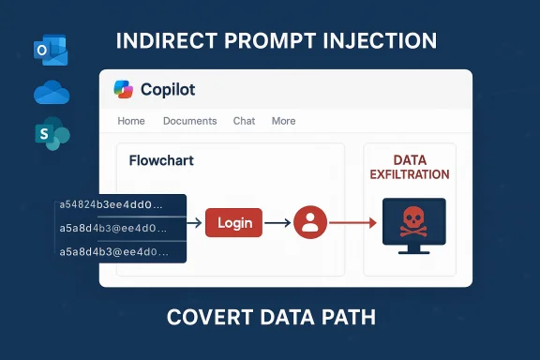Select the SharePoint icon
(52, 134)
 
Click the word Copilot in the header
(168, 90)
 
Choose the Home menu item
(131, 121)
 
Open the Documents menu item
(189, 121)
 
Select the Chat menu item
(244, 121)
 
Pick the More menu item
(283, 121)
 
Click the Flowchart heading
(161, 160)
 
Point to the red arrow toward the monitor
(352, 223)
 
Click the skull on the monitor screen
(409, 222)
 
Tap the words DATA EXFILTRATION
(409, 168)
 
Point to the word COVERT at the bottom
(209, 317)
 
